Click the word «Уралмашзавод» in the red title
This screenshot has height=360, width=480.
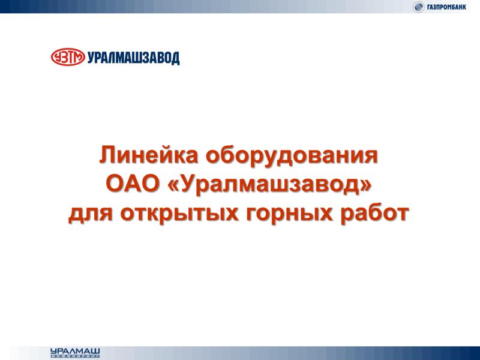(270, 185)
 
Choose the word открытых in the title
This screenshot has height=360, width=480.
(179, 214)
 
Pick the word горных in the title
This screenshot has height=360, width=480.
(289, 214)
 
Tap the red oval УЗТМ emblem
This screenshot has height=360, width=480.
(68, 57)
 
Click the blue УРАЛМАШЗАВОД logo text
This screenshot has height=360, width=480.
(133, 58)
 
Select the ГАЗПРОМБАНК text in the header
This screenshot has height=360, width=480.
(446, 7)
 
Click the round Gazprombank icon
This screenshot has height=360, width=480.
(418, 7)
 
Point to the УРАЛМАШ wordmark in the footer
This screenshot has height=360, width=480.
(75, 351)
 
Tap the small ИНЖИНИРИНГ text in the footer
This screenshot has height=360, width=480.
(75, 356)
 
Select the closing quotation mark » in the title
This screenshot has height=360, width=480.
(365, 185)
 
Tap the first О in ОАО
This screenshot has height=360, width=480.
(115, 184)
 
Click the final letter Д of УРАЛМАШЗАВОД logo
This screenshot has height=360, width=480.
(175, 58)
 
